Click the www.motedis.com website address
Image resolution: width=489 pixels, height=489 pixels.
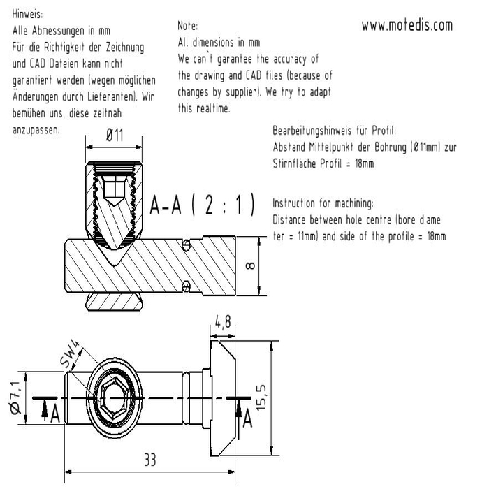(407, 25)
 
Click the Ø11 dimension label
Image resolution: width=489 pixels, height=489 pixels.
(115, 136)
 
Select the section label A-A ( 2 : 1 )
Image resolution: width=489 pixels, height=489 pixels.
(202, 205)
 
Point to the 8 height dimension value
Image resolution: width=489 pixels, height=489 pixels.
(250, 265)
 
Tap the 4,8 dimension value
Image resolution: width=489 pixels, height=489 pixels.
(223, 322)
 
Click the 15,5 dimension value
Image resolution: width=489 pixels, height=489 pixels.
(261, 397)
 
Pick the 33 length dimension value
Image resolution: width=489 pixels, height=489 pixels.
(149, 460)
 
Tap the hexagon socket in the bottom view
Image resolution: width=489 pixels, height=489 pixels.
(114, 398)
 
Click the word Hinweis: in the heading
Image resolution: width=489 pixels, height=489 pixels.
(27, 15)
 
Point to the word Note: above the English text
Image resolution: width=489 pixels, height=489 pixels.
(188, 26)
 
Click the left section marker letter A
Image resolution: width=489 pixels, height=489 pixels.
(55, 414)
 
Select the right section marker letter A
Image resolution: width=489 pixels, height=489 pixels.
(247, 419)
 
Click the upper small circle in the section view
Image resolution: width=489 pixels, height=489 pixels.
(187, 245)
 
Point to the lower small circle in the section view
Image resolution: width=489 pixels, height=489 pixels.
(187, 286)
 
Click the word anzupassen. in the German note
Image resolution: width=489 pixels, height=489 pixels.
(36, 130)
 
